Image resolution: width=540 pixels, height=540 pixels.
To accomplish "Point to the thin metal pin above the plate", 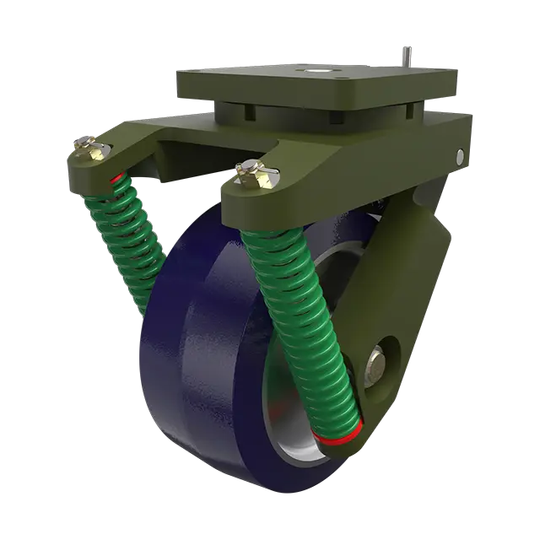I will [404, 52].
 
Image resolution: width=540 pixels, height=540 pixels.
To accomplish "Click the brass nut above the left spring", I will [91, 150].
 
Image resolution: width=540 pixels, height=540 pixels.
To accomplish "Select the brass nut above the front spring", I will [251, 172].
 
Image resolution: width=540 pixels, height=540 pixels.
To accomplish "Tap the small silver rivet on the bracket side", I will [460, 156].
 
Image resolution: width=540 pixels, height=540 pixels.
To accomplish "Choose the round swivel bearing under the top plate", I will [312, 112].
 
